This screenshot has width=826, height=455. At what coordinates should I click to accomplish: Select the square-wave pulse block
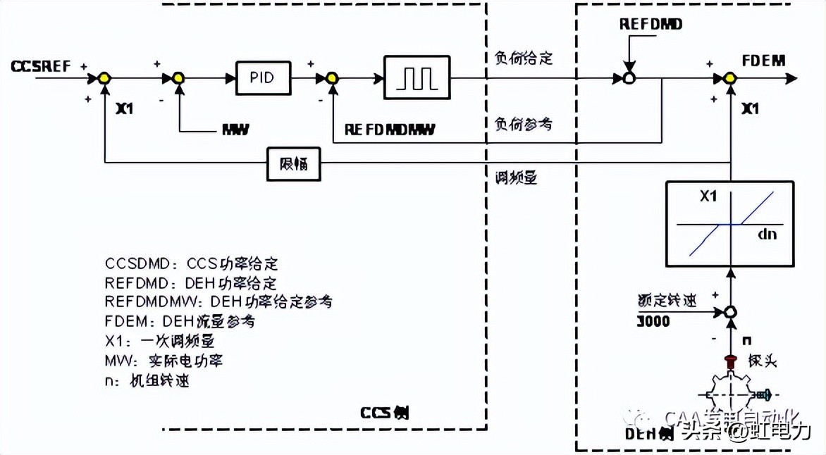coord(417,77)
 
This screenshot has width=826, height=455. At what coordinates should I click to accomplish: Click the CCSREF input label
coord(41,67)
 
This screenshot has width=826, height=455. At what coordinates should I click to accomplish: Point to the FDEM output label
coord(763,61)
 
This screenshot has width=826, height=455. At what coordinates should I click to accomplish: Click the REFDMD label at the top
coord(651,25)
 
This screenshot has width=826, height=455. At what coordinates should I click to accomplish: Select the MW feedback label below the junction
coord(235,130)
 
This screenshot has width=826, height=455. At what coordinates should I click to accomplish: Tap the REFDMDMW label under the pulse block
coord(390,130)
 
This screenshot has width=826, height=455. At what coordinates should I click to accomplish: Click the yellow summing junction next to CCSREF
coord(104,78)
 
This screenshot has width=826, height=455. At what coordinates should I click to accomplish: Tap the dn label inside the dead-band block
coord(768,234)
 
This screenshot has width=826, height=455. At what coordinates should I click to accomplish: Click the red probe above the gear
coord(732,361)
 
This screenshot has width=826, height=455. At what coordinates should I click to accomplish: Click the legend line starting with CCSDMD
coord(191,263)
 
